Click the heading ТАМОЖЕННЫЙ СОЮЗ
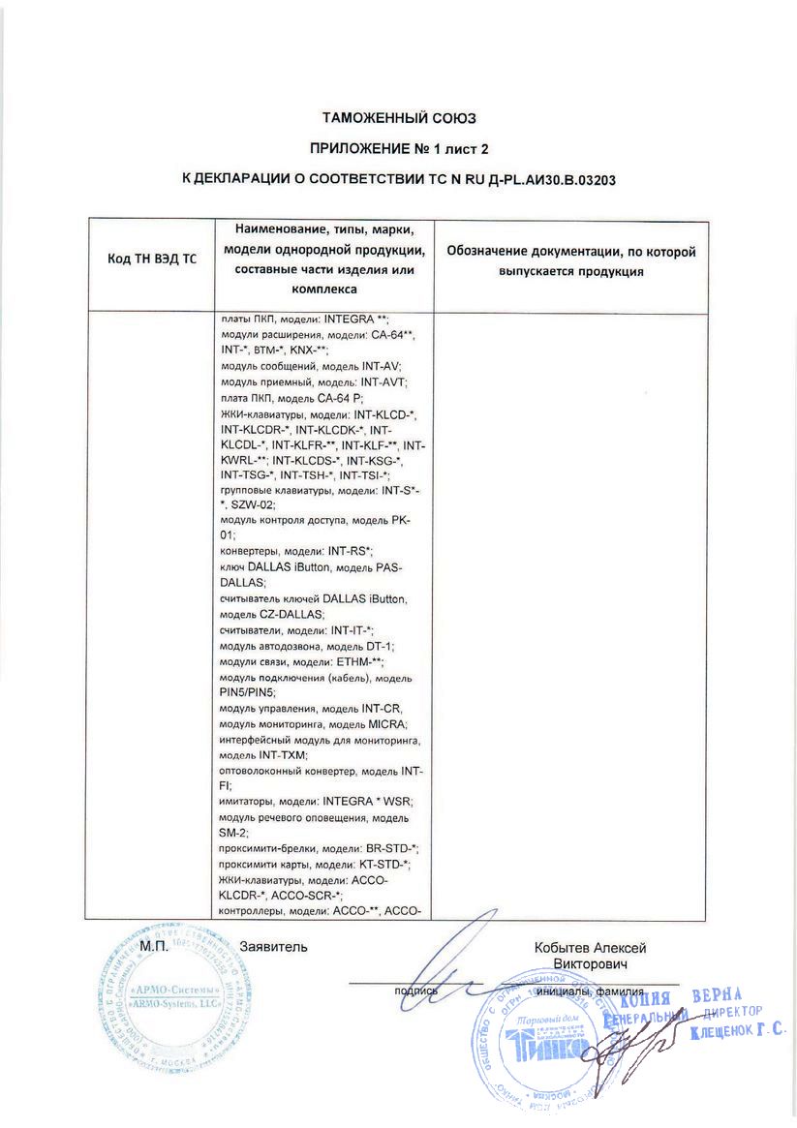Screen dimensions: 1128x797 [399, 118]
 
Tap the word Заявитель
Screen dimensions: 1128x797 [273, 947]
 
